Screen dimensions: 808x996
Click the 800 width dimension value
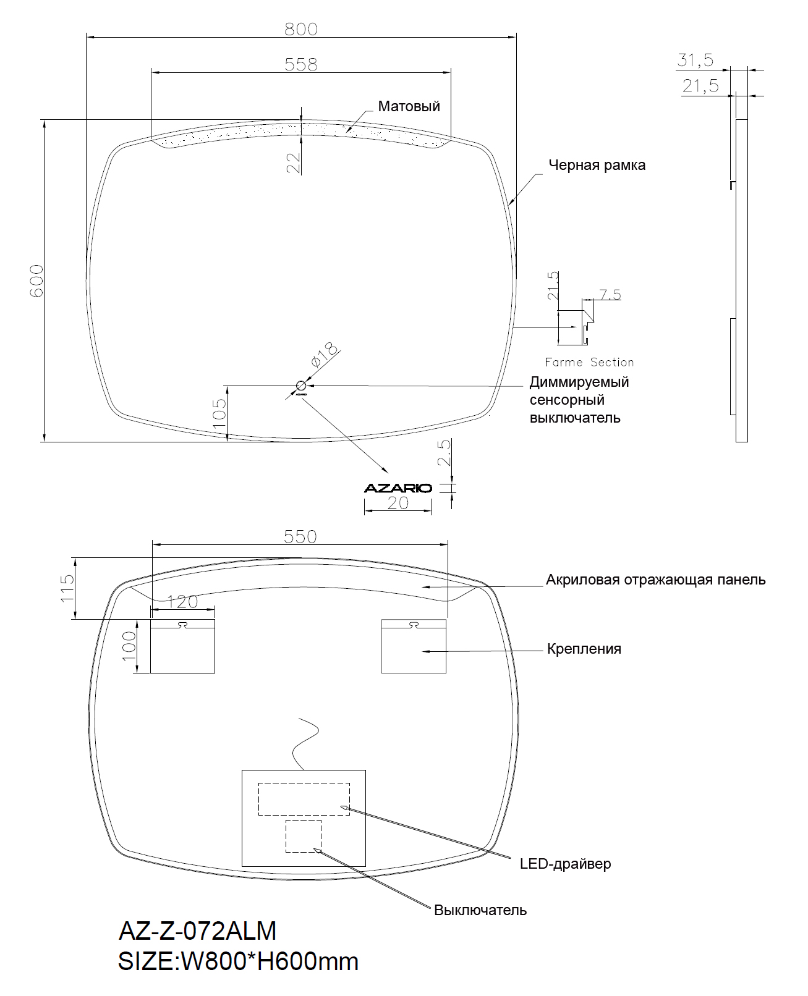click(301, 30)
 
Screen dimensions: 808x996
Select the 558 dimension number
click(301, 64)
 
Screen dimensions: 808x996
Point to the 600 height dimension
click(36, 281)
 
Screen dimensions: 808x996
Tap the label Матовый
click(409, 107)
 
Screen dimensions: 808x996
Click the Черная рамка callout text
click(597, 165)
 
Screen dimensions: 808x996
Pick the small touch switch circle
click(301, 386)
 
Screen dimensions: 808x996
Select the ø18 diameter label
click(324, 355)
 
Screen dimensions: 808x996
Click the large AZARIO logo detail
click(398, 488)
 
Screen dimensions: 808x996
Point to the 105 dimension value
click(219, 413)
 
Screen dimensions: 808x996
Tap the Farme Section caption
click(589, 363)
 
